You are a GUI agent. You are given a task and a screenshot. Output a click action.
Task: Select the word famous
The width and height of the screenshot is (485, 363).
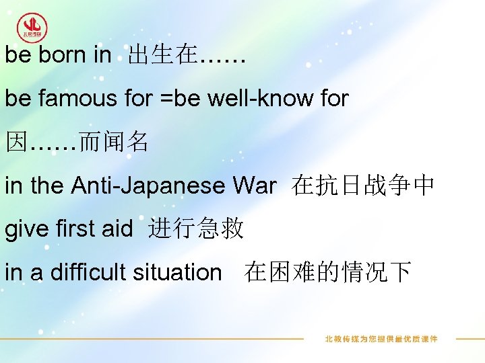[x=77, y=99]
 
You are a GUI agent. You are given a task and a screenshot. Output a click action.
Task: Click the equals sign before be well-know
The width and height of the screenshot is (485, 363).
[x=166, y=99]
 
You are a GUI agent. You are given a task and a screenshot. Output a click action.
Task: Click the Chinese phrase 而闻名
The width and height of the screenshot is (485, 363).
[x=114, y=142]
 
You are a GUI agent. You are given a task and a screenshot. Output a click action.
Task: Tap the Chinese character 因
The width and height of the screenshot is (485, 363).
[x=16, y=142]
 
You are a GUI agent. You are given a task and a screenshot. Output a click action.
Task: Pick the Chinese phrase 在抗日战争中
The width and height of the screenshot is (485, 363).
[x=363, y=186]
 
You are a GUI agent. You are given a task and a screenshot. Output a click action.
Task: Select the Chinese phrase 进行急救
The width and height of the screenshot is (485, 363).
[x=196, y=229]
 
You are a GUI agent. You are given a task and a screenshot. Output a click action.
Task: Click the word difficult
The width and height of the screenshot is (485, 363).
[x=86, y=272]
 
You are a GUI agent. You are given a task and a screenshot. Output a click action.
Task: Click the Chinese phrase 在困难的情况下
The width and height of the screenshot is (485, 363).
[x=328, y=272]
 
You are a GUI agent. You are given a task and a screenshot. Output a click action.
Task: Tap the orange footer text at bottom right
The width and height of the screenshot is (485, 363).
[x=381, y=339]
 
